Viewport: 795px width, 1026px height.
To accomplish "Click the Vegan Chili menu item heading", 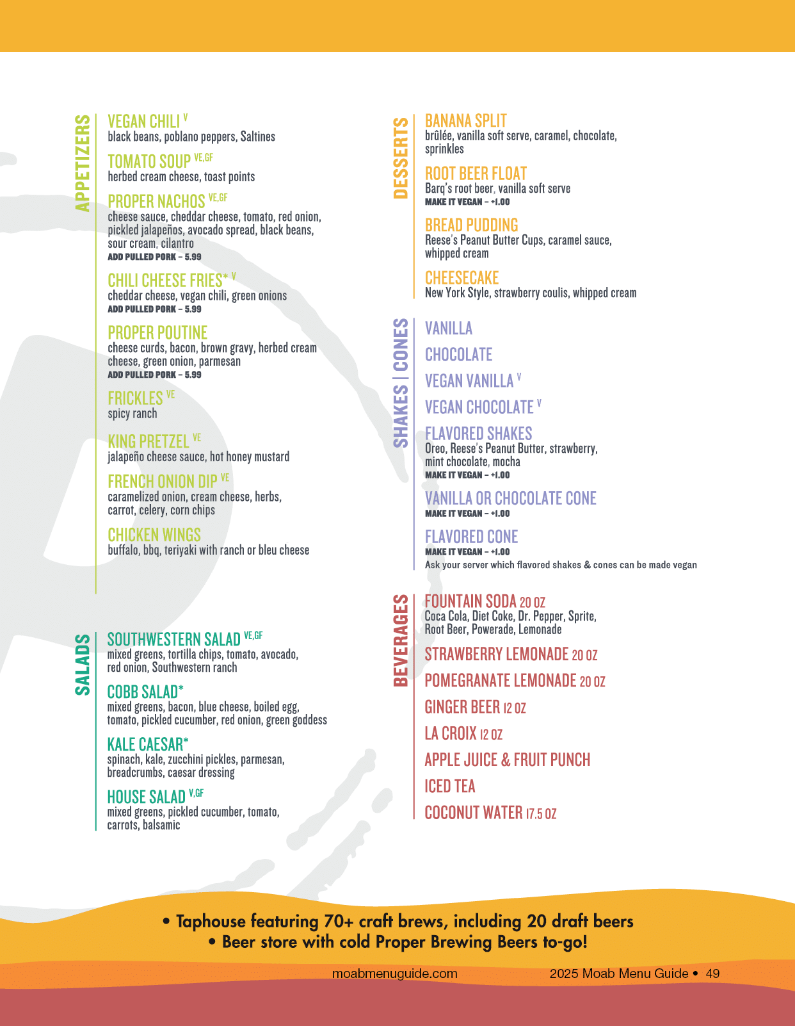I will point(144,122).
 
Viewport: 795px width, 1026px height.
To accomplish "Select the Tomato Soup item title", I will point(150,161).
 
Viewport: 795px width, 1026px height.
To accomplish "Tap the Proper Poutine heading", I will point(157,333).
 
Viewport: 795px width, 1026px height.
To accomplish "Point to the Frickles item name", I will point(136,398).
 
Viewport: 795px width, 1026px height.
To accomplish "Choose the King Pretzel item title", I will point(149,442).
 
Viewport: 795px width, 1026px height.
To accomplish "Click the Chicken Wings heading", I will point(154,535).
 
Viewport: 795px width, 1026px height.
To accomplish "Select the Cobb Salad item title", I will point(143,692).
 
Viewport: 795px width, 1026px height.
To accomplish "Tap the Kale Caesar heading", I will point(146,745).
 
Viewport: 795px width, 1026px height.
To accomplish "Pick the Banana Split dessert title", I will point(466,121).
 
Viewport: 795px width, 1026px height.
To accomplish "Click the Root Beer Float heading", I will point(476,174).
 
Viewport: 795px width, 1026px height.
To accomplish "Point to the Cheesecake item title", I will point(462,278).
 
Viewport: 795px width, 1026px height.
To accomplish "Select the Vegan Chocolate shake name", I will point(479,407).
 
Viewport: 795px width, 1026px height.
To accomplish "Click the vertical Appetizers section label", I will point(83,163).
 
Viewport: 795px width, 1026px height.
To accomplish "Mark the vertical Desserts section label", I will point(401,158).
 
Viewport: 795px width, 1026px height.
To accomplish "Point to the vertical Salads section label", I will point(83,664).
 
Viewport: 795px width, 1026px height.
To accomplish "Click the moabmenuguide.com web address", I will point(395,973).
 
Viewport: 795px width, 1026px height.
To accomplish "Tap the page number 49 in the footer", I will point(712,973).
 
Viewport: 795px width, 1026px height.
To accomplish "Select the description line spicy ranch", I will point(132,414).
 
